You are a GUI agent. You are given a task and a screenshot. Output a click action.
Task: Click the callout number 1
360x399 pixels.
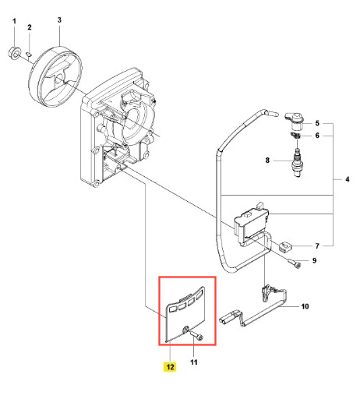14,21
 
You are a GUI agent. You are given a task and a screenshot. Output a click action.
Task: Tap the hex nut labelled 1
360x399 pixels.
13,53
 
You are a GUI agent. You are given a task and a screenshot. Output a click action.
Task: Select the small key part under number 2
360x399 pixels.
29,55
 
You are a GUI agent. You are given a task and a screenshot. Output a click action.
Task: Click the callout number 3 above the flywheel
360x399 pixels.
59,20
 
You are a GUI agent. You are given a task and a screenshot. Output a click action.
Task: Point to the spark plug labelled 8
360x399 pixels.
297,163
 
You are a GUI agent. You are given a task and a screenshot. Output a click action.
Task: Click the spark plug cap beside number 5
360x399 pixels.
295,121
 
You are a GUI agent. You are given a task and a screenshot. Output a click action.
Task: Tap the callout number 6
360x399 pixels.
317,136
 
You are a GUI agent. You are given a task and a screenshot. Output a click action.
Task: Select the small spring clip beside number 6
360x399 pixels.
295,136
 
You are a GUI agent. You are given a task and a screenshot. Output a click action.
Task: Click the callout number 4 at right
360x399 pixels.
348,179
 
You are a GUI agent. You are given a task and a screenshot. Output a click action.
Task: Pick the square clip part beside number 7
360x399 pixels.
285,246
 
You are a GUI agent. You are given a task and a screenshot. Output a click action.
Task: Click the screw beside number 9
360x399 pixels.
295,263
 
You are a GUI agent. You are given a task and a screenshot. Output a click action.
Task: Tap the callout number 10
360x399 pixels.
305,306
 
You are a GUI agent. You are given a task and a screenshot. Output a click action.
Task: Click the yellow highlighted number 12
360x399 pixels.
170,366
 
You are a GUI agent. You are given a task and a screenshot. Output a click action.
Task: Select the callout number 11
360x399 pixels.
194,362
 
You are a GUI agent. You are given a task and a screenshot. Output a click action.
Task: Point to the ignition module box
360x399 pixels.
251,223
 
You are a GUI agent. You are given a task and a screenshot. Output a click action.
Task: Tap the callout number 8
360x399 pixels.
267,161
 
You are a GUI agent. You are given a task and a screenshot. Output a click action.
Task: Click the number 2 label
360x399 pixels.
30,27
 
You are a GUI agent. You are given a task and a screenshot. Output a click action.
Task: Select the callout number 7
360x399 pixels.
317,245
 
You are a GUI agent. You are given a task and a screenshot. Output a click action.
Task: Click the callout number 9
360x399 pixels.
314,260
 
